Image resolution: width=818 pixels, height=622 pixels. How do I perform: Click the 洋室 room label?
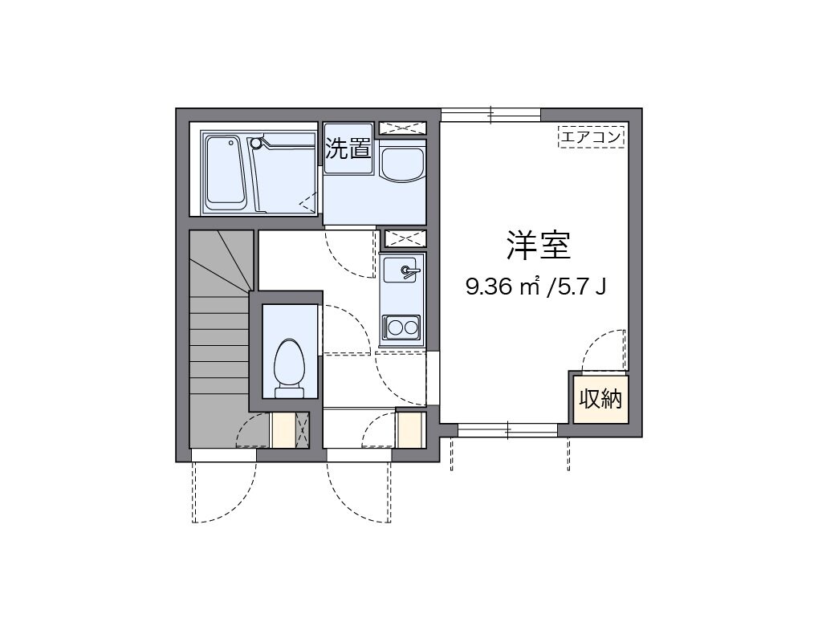coord(538,246)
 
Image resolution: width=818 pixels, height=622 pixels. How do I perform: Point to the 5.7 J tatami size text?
coord(577,287)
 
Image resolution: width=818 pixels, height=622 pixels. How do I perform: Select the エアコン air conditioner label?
coord(591,137)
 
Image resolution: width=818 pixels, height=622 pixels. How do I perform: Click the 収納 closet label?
coord(600,398)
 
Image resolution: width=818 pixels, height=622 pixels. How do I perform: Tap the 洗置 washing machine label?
coord(348,148)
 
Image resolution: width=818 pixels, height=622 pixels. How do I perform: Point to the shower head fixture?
coord(257,143)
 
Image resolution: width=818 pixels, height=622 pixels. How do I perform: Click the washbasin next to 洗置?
coord(401,165)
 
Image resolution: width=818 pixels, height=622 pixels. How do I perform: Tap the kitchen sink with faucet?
coord(401,272)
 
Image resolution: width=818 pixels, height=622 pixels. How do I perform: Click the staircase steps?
coord(218,345)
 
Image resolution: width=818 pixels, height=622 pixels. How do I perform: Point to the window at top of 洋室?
coord(490,115)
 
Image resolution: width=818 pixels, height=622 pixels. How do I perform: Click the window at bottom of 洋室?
coord(507,431)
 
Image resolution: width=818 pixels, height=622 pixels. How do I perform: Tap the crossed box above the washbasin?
coord(402,128)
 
